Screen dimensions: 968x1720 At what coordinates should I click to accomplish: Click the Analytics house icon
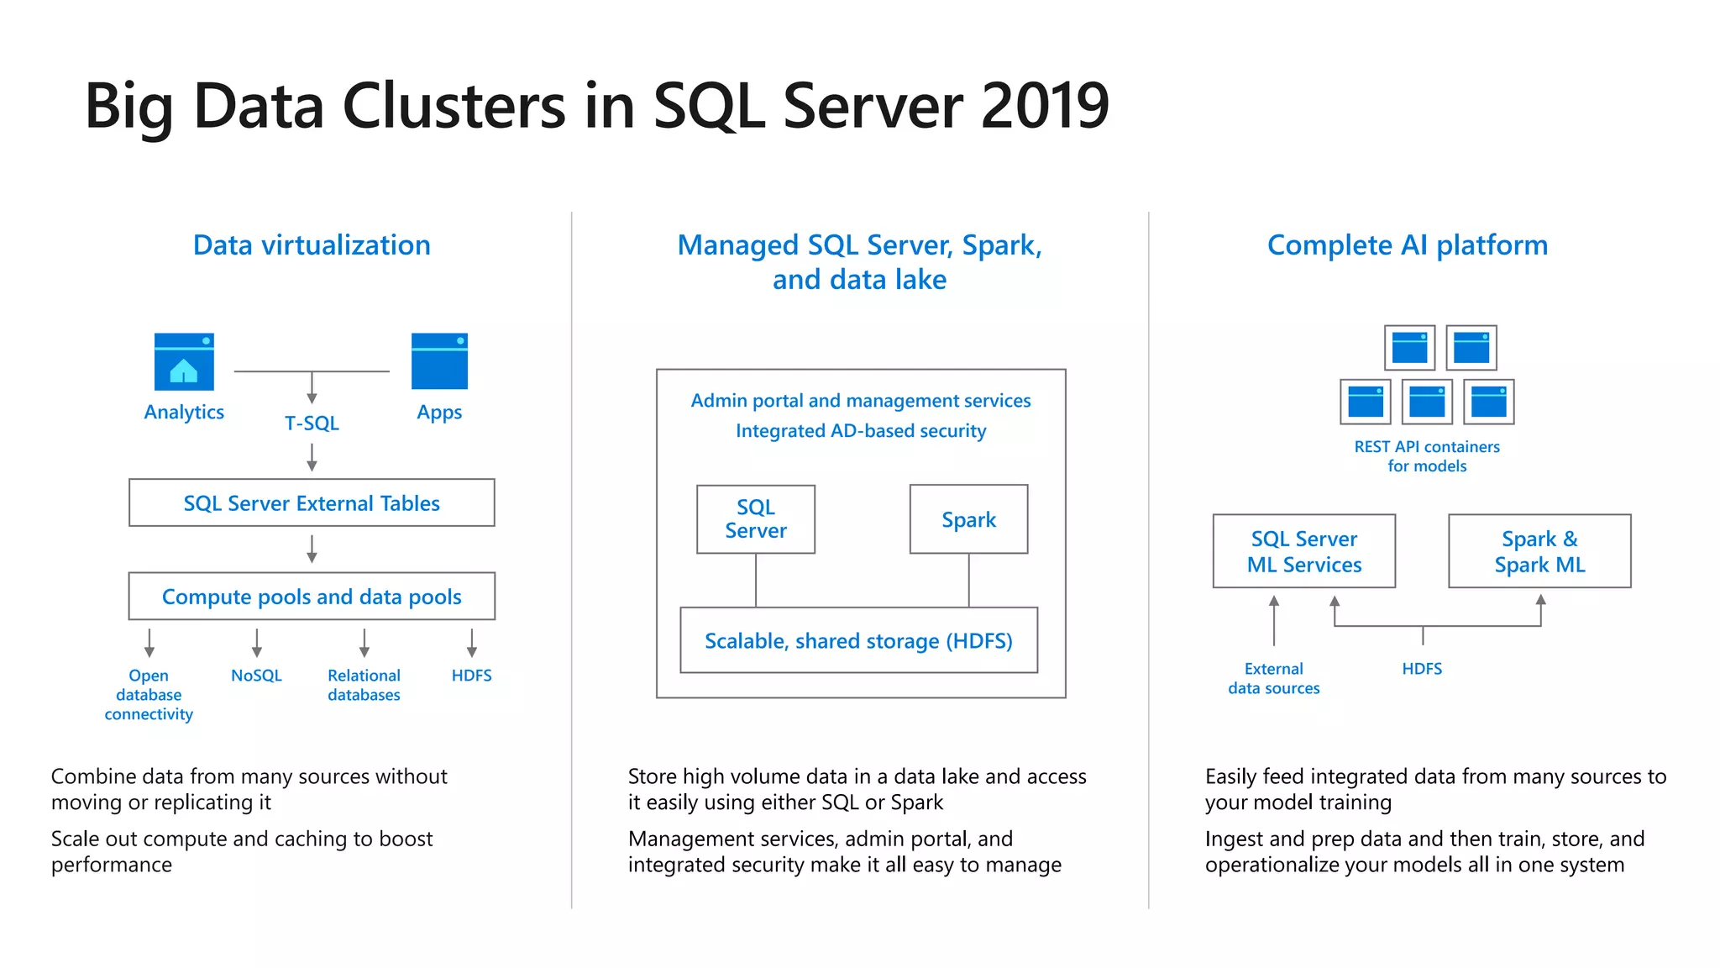tap(184, 362)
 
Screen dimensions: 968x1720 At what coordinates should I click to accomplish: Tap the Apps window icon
tap(439, 361)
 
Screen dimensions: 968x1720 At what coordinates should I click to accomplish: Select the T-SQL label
tap(312, 423)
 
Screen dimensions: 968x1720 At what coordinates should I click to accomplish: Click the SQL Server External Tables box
tap(312, 502)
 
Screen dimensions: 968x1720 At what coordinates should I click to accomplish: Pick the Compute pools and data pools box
tap(312, 597)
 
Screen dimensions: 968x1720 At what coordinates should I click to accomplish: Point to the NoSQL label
tap(256, 676)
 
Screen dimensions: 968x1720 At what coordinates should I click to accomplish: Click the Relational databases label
tap(364, 685)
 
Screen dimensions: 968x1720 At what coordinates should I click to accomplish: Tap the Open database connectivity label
tap(149, 695)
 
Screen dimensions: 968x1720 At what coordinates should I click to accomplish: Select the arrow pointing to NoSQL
tap(257, 643)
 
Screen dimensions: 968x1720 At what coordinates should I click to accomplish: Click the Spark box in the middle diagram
tap(968, 519)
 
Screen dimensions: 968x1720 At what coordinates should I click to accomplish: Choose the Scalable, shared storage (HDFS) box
tap(858, 640)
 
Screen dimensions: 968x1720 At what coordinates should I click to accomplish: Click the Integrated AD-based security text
tap(861, 431)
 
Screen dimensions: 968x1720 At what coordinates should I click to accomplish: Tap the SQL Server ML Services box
tap(1303, 551)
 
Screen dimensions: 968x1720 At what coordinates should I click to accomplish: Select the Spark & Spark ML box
tap(1539, 551)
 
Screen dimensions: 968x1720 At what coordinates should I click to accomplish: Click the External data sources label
tap(1273, 678)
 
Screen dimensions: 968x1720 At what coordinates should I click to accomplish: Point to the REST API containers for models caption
tap(1426, 456)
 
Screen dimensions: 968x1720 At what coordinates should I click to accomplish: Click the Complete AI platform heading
tap(1407, 245)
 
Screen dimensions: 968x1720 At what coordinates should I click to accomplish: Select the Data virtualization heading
tap(312, 245)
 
